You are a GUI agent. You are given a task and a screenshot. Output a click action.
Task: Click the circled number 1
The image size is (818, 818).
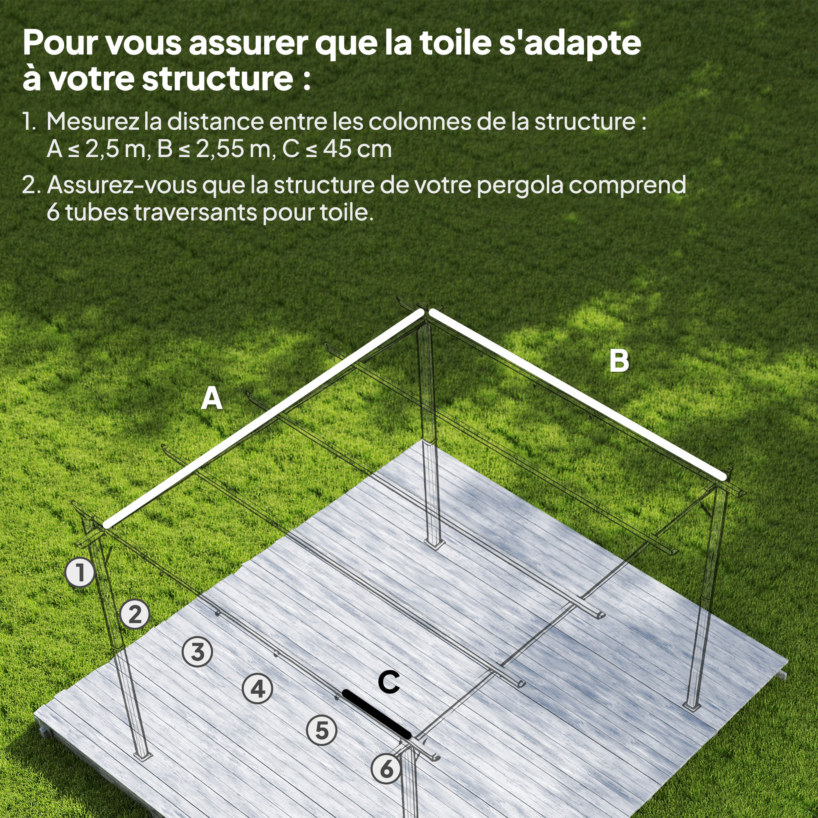(80, 573)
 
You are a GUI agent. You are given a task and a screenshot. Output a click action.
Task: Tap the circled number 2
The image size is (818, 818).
(135, 614)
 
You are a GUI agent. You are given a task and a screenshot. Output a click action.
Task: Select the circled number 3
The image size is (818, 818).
(197, 652)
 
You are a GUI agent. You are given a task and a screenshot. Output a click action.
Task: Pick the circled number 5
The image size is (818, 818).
(322, 730)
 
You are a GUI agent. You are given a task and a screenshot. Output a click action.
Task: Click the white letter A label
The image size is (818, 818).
(212, 398)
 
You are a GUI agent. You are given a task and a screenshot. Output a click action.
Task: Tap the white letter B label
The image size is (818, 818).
(619, 361)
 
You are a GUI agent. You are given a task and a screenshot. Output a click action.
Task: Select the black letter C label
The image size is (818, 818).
(389, 682)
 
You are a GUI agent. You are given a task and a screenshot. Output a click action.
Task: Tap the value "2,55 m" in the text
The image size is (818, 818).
(236, 149)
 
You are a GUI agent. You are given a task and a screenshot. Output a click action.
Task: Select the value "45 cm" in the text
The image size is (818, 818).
(357, 149)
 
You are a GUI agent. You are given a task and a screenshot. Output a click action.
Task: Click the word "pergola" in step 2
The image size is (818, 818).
(520, 185)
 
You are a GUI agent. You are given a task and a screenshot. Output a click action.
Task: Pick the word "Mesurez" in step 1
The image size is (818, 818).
(93, 121)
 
